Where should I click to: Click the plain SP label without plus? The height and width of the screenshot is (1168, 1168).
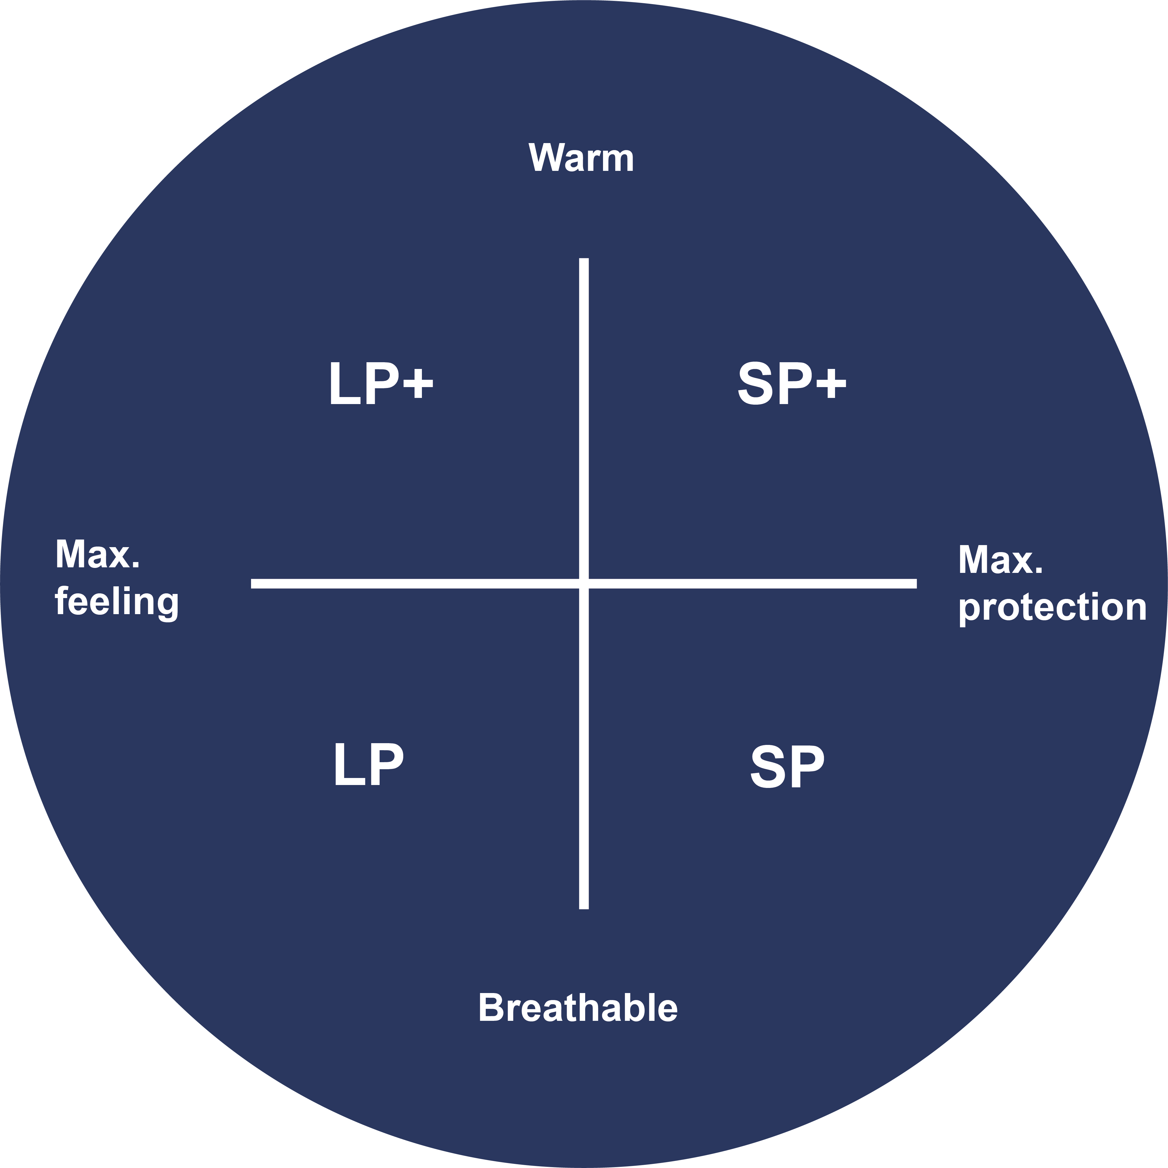(787, 767)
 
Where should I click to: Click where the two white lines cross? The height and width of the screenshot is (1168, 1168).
(583, 583)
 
